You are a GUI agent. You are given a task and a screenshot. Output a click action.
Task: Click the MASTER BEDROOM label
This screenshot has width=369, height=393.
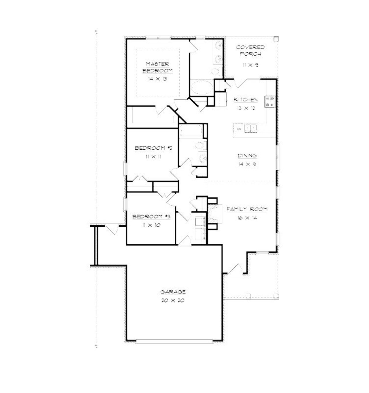157,67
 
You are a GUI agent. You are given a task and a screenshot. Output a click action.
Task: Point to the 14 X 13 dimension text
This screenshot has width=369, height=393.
157,79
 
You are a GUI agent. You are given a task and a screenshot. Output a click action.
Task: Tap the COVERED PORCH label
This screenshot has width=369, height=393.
250,50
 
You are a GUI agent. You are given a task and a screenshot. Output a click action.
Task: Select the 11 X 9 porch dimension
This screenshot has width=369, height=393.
250,65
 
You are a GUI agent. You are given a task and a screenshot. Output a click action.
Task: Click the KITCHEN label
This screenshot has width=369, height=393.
246,100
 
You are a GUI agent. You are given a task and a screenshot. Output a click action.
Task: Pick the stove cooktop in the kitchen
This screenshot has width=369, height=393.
271,101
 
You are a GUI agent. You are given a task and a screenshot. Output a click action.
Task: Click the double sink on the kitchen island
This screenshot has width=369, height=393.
251,128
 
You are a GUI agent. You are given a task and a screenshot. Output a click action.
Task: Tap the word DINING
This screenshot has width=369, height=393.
247,156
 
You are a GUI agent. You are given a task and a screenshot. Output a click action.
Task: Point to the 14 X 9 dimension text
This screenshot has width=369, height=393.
247,165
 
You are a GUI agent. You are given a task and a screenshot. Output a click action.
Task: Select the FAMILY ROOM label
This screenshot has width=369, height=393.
247,209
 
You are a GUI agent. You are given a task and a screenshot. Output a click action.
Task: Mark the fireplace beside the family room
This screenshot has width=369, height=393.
215,214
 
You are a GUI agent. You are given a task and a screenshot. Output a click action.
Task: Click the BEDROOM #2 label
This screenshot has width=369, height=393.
153,148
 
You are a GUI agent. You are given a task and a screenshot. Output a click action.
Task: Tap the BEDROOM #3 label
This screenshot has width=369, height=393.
151,217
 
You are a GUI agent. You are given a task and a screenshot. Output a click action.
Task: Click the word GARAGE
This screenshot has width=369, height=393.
173,292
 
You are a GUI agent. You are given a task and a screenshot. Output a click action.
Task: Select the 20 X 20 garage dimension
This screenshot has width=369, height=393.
173,300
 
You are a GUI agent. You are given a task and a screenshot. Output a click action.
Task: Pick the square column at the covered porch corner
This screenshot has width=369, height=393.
276,39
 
